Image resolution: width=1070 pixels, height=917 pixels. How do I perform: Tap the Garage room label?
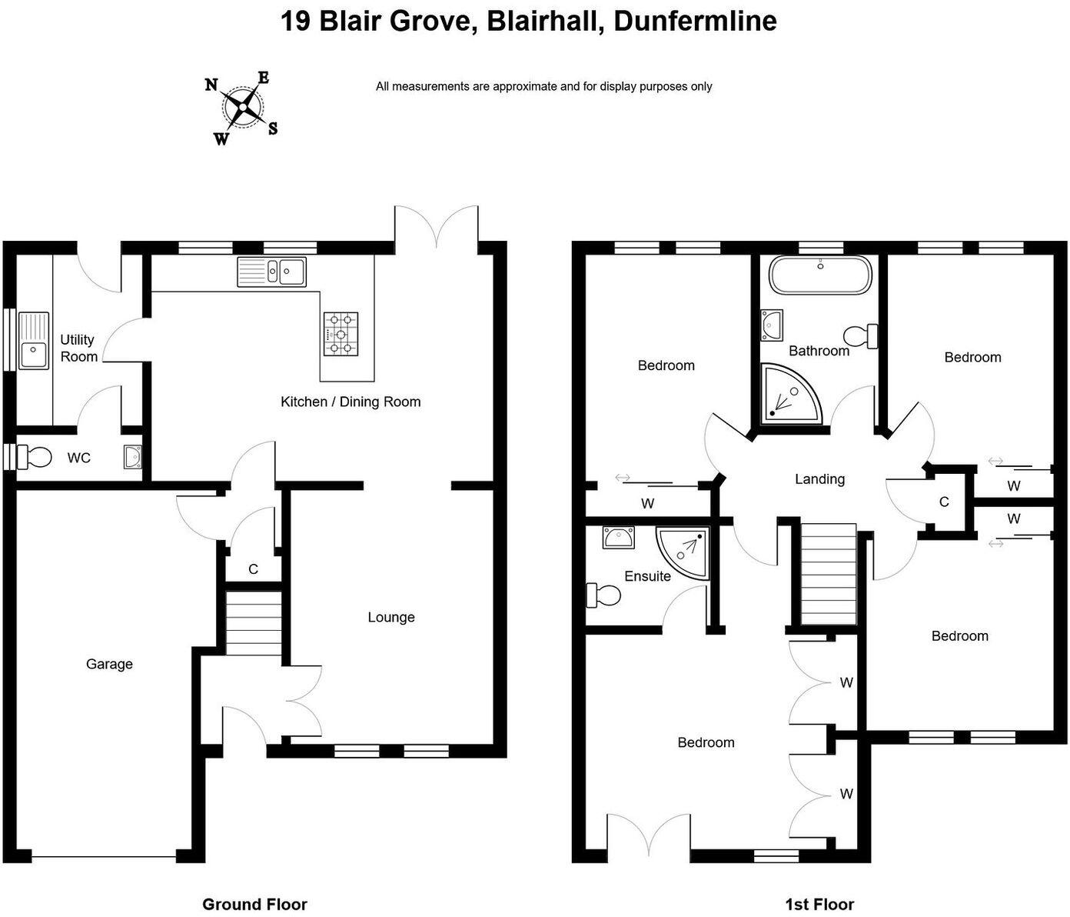[109, 664]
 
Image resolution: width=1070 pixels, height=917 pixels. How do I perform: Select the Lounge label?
[390, 617]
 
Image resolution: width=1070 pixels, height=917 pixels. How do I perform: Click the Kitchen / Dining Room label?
[351, 402]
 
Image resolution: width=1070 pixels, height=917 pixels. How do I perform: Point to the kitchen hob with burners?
[341, 333]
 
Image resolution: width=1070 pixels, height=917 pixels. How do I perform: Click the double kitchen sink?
[272, 271]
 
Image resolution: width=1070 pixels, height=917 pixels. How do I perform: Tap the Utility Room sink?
[33, 340]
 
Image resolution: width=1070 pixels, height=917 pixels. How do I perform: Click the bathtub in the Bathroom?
[820, 275]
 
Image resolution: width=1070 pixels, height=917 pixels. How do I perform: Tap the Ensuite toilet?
[603, 595]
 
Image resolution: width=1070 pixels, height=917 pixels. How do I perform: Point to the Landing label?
[819, 479]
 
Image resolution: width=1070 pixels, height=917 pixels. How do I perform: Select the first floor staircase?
[829, 574]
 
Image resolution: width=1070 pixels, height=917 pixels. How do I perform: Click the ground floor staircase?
[254, 622]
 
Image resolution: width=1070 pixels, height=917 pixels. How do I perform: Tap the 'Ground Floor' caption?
[254, 905]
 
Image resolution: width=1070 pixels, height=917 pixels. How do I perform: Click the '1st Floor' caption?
[819, 905]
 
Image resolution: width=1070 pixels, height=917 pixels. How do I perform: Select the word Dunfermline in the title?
[695, 21]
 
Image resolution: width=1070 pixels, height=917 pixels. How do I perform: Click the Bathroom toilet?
[861, 336]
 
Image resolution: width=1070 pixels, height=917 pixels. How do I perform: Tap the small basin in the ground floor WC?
[132, 457]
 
